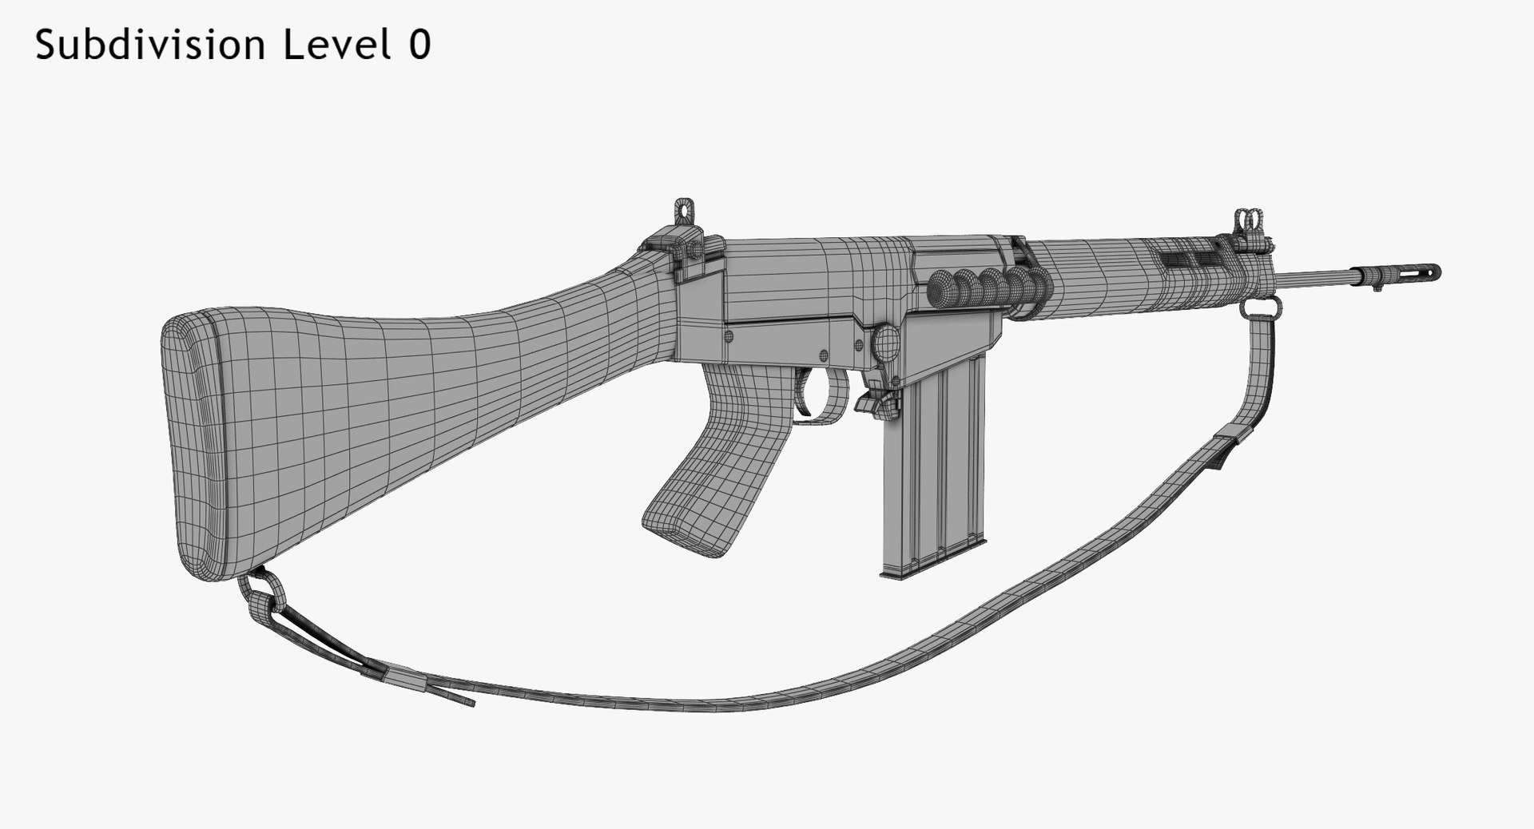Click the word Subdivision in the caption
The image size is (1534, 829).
(150, 46)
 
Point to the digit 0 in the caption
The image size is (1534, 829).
(419, 46)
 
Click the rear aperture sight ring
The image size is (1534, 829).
(682, 209)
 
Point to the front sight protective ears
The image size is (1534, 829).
(1247, 220)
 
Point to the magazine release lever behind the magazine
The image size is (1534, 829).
(874, 403)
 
